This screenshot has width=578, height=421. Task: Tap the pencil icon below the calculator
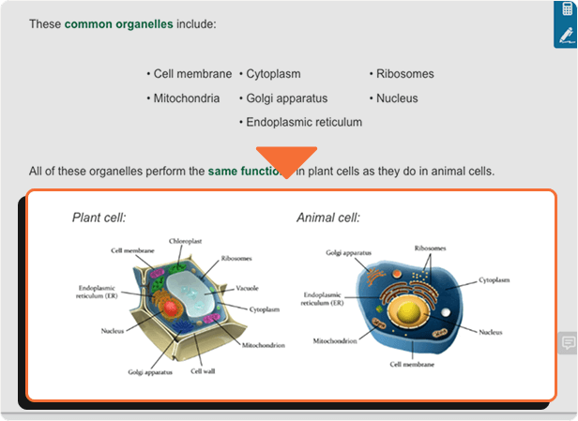pos(566,36)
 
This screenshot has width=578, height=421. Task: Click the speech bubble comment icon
pos(568,343)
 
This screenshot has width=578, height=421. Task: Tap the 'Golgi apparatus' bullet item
pos(286,98)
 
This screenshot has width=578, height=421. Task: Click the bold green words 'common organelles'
pos(118,23)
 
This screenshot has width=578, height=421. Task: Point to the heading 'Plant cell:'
pos(99,218)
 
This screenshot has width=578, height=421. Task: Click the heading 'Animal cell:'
pos(328,218)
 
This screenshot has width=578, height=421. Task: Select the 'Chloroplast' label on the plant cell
pos(185,242)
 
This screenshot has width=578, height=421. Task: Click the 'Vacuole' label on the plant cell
pos(248,288)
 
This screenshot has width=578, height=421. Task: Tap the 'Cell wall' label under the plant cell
pos(203,371)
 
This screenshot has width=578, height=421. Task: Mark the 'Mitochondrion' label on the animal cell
pos(335,341)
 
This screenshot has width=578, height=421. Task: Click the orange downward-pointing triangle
pos(286,164)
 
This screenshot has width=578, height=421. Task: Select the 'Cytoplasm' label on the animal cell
pos(494,279)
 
